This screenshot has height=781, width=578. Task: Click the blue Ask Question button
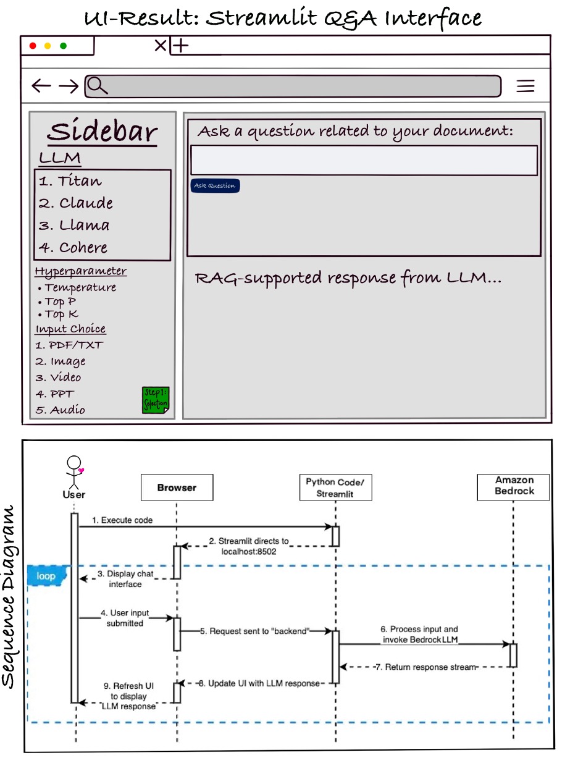(214, 185)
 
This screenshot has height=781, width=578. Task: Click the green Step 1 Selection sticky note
(156, 400)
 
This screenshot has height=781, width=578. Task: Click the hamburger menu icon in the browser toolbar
(526, 87)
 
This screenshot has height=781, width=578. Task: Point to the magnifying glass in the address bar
(97, 86)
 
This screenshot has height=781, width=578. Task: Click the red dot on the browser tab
(33, 46)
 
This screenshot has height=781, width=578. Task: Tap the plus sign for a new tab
(180, 45)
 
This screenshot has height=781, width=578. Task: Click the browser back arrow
(41, 86)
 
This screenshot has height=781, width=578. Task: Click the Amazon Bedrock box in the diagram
(514, 486)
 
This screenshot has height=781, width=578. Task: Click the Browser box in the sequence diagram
(177, 488)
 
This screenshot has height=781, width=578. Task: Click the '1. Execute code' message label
(122, 520)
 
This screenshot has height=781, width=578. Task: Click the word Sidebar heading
(103, 132)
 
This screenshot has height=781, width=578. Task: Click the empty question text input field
(364, 161)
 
